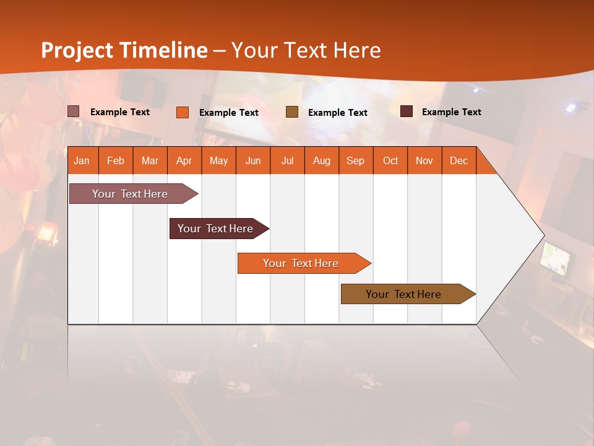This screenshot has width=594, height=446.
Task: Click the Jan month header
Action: (x=82, y=160)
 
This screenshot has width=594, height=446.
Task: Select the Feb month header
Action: (x=116, y=160)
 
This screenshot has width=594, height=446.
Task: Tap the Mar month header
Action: (x=150, y=160)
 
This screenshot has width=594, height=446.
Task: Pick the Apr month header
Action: (x=184, y=160)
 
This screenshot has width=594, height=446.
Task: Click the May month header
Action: (x=218, y=160)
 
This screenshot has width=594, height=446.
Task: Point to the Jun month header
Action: (x=253, y=160)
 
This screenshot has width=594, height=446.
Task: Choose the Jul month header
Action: (x=287, y=160)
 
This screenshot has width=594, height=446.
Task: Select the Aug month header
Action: (x=322, y=160)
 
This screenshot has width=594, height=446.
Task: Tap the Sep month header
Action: (x=356, y=160)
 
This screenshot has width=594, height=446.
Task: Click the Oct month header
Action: (x=390, y=160)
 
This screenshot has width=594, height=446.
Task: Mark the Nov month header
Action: (x=424, y=160)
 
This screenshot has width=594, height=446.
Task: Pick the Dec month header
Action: (x=458, y=160)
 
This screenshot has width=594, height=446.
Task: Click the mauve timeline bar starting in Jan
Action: (x=131, y=194)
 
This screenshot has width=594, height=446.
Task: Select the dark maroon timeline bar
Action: (x=216, y=229)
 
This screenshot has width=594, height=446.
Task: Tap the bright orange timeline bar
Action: (x=301, y=263)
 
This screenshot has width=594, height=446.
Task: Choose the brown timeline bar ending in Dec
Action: (x=404, y=294)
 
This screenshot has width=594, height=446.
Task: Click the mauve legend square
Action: (x=74, y=111)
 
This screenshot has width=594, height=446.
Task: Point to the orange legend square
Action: (x=183, y=112)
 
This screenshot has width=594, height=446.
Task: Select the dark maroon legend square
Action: (x=407, y=111)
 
